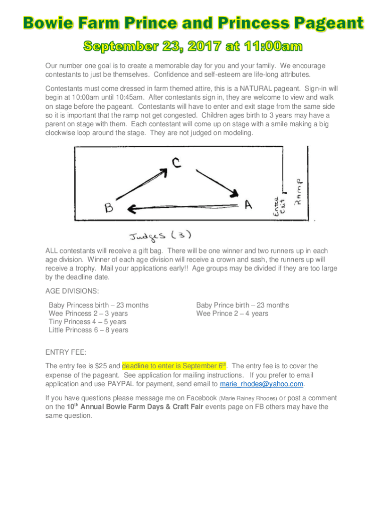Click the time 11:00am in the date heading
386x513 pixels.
click(272, 47)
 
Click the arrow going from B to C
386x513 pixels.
click(142, 183)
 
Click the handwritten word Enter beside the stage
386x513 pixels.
click(276, 205)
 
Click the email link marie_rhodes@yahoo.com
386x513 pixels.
click(262, 384)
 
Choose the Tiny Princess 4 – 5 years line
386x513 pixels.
click(87, 322)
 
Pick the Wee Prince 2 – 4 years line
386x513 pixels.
click(232, 314)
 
